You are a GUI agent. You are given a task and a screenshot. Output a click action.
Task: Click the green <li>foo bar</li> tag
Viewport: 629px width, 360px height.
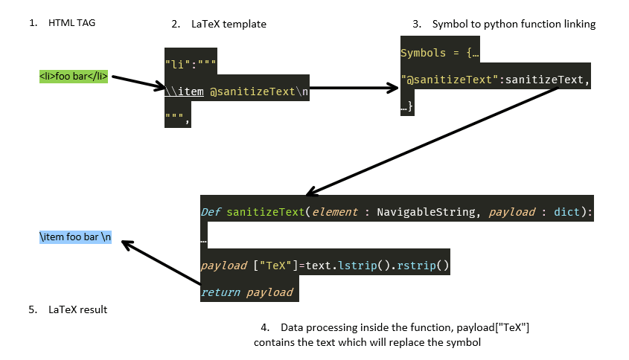(x=74, y=76)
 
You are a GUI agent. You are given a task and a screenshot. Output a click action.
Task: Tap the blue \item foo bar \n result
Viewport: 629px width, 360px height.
(x=75, y=237)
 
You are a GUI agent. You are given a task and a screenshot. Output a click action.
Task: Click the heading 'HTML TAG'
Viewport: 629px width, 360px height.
(x=71, y=23)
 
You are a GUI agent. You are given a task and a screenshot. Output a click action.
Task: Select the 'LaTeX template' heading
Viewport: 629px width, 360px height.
(x=229, y=24)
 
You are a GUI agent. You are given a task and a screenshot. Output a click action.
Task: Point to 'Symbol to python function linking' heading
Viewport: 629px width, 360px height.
(x=514, y=24)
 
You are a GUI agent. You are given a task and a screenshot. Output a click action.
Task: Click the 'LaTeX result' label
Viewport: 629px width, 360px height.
(x=77, y=309)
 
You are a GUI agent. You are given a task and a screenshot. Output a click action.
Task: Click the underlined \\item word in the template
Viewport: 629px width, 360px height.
(x=184, y=92)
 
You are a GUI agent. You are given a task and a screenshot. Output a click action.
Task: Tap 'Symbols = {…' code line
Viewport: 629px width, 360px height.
(x=440, y=53)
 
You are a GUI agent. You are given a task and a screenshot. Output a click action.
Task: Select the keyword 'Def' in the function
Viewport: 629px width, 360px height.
(x=211, y=213)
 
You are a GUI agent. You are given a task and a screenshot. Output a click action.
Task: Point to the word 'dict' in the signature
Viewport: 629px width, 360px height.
(x=567, y=213)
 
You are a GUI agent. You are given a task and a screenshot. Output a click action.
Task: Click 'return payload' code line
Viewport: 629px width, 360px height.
(x=247, y=292)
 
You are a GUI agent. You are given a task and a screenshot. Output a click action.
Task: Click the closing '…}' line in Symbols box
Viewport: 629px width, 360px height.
(x=407, y=107)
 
